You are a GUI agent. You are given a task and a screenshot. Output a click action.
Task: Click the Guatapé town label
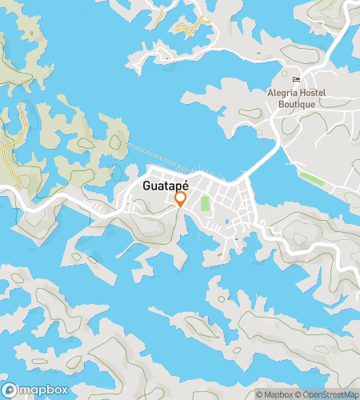pyautogui.click(x=164, y=186)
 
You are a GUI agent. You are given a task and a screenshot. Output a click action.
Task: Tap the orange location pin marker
pyautogui.click(x=181, y=198)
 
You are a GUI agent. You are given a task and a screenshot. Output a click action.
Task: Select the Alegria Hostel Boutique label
pyautogui.click(x=298, y=98)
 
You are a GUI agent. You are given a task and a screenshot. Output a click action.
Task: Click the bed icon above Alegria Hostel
pyautogui.click(x=297, y=79)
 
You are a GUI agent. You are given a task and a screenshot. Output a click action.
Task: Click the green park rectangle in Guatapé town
pyautogui.click(x=205, y=203)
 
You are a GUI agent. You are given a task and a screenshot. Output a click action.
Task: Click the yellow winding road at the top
pyautogui.click(x=193, y=28)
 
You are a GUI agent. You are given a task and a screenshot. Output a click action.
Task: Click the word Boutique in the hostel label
pyautogui.click(x=298, y=103)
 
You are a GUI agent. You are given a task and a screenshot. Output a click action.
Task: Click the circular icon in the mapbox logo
pyautogui.click(x=10, y=390)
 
